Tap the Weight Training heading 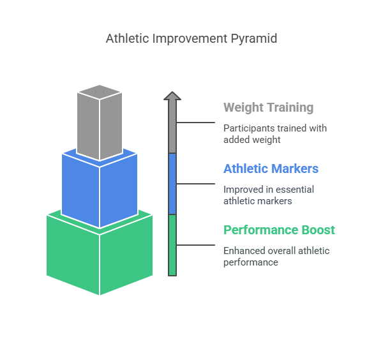point(268,107)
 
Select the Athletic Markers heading point(271,169)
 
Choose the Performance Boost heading point(279,230)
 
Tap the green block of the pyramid point(100,255)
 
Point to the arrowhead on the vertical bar point(172,96)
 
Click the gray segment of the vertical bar point(172,128)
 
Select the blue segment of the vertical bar point(172,184)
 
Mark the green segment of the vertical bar point(172,245)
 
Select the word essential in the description point(293,190)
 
